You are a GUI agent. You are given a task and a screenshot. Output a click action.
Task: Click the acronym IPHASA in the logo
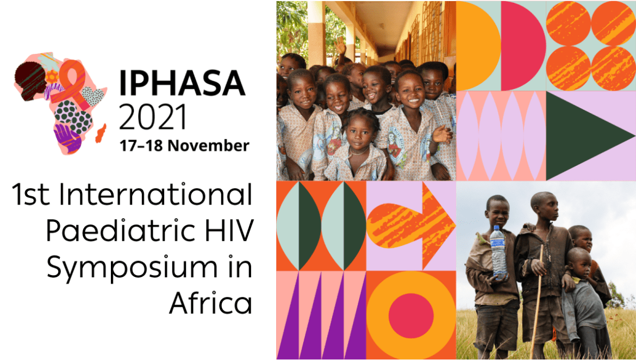tap(182, 84)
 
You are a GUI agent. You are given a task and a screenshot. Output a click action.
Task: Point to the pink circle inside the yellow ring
tap(411, 316)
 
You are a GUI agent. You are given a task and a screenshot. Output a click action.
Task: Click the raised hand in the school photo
tap(341, 47)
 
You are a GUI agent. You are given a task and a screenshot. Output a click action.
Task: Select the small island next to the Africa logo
tap(101, 133)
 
